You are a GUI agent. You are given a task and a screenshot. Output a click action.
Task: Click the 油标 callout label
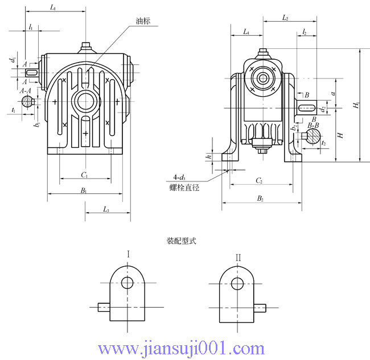(142, 20)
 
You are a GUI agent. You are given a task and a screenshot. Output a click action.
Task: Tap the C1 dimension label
(84, 175)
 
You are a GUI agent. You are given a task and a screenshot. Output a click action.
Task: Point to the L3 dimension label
(106, 210)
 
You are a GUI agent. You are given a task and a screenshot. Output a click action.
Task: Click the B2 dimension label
(260, 198)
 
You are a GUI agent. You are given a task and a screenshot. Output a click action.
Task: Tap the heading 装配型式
(181, 241)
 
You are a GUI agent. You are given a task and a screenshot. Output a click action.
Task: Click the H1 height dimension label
(356, 106)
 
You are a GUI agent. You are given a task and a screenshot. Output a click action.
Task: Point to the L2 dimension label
(285, 19)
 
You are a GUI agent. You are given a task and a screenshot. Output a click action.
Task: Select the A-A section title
(26, 91)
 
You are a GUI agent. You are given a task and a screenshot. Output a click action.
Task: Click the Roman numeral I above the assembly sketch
(129, 256)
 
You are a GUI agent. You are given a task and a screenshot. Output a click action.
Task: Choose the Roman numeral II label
(238, 258)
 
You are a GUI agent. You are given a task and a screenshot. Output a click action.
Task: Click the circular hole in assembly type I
(128, 283)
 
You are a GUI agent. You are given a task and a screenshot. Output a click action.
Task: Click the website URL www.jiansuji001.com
(181, 347)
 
